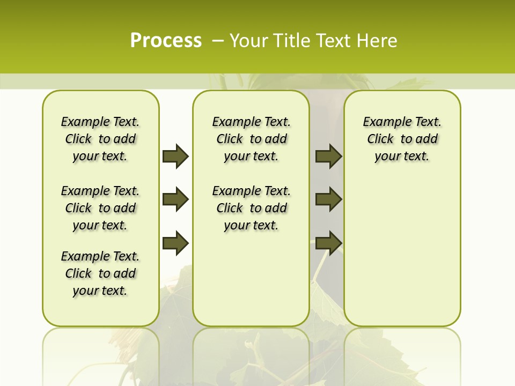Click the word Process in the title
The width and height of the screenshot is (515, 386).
point(166,41)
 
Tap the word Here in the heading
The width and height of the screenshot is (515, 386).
point(378,41)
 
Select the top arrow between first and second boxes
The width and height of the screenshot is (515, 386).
point(175,156)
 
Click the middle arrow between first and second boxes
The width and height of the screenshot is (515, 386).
point(175,200)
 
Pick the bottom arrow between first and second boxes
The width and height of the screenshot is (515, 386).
point(175,243)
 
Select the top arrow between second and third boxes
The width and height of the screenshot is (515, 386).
point(329,156)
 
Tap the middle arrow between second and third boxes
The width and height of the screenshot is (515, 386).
point(329,199)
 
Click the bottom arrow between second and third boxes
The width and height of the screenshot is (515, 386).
point(329,243)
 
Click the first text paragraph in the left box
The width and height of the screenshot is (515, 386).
point(100,139)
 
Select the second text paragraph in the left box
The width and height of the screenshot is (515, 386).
point(100,208)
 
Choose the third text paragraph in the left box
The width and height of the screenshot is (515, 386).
point(100,273)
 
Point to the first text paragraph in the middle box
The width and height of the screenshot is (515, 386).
point(251,139)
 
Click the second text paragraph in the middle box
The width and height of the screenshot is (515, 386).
point(251,208)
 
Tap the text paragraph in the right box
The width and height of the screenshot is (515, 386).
point(402,139)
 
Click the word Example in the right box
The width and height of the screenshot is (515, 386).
point(385,122)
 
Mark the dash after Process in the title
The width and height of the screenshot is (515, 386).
point(218,41)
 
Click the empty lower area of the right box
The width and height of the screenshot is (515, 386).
point(402,252)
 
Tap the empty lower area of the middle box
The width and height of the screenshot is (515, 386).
point(251,279)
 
